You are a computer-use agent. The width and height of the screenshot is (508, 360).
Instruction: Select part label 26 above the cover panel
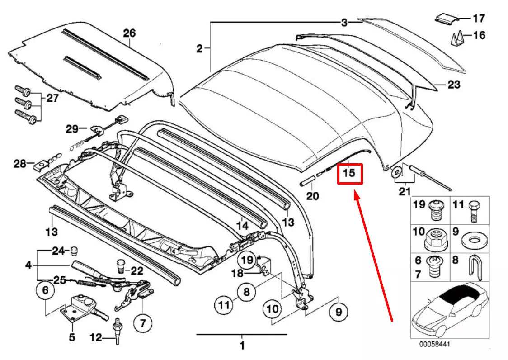[129, 33]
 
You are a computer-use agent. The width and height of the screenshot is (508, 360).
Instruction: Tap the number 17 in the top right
[479, 19]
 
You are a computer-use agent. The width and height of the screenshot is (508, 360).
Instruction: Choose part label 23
[454, 84]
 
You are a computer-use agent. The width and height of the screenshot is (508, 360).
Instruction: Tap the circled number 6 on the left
[45, 292]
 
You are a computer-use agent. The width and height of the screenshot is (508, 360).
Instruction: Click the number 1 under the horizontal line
[242, 346]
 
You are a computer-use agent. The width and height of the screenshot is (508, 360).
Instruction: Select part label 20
[313, 196]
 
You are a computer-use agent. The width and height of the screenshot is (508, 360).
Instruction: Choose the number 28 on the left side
[20, 163]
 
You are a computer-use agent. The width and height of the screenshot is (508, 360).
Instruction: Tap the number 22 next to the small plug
[137, 270]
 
